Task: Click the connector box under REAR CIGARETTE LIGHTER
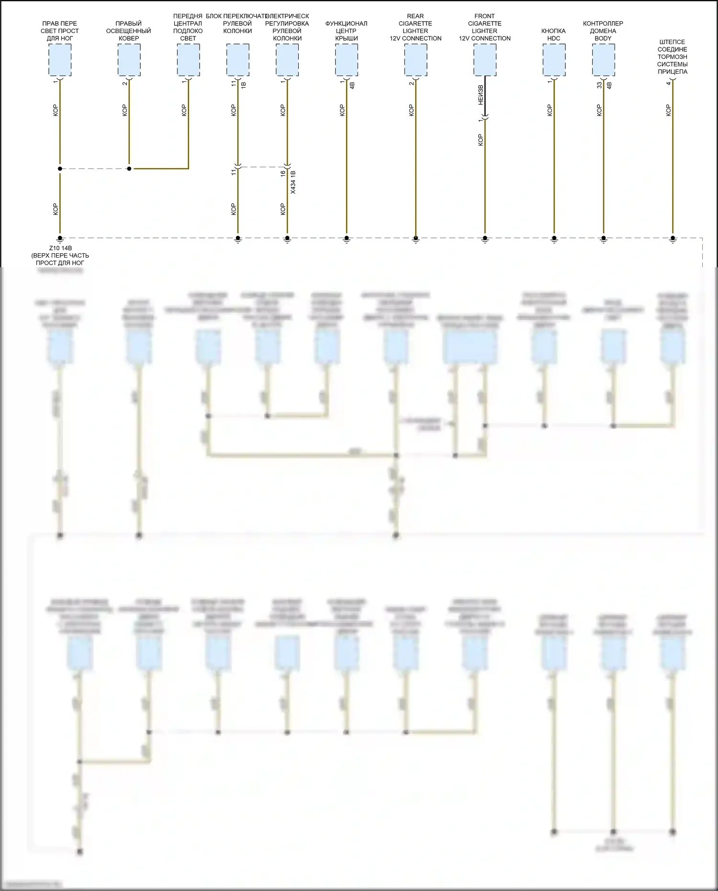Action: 415,60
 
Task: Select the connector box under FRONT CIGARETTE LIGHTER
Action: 485,60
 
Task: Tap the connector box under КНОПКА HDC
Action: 554,60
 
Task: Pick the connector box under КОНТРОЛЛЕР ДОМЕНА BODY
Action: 603,60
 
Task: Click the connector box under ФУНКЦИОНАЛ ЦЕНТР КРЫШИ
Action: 347,60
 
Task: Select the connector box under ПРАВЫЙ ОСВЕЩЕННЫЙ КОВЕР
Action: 129,60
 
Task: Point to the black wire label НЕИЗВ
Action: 480,95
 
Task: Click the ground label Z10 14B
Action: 60,248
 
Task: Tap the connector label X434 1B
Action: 293,182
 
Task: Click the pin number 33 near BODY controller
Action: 599,85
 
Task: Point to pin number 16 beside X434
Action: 283,173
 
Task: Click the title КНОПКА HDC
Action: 554,34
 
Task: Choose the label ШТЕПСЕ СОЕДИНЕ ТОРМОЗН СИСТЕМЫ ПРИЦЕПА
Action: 672,56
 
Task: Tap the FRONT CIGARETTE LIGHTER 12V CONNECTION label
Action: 485,27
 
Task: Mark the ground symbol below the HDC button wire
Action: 554,239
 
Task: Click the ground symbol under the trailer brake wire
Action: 673,239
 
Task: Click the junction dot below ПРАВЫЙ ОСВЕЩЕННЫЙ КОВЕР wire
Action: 129,169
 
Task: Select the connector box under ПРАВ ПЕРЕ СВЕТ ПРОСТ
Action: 60,60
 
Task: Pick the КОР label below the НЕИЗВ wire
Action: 480,140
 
